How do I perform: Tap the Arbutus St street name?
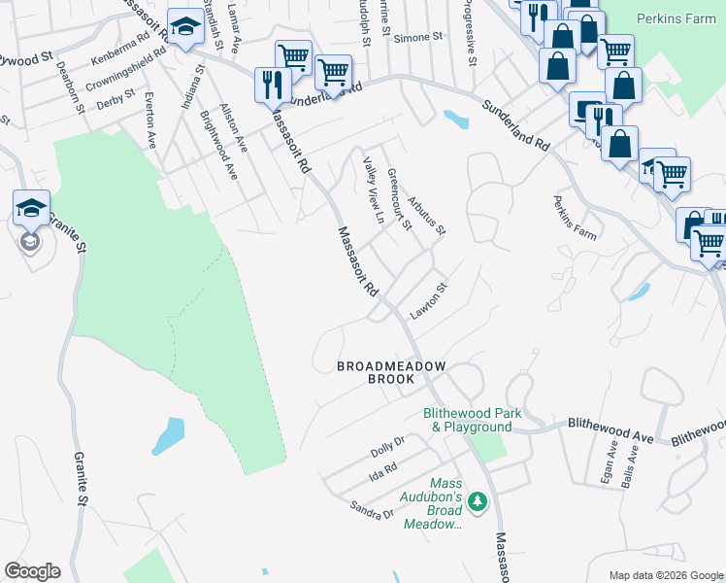tap(426, 217)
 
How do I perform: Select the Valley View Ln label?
tap(374, 192)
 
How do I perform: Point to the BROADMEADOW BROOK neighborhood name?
tap(391, 372)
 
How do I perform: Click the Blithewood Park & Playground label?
tap(472, 420)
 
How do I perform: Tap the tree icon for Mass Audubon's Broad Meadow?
tap(477, 501)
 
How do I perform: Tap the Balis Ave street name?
tap(628, 469)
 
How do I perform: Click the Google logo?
tap(32, 571)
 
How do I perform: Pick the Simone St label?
tap(423, 36)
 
